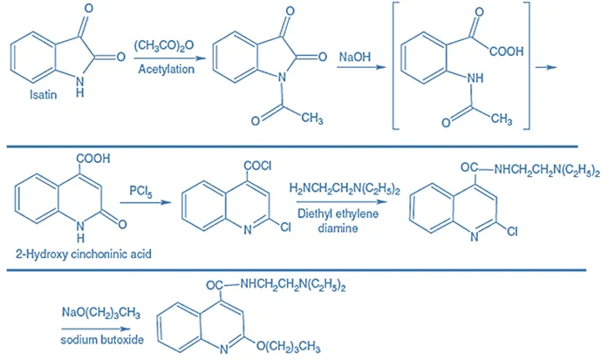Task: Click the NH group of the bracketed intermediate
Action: pyautogui.click(x=475, y=77)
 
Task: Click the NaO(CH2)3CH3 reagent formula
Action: pyautogui.click(x=95, y=311)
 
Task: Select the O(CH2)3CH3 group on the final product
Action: pyautogui.click(x=284, y=346)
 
